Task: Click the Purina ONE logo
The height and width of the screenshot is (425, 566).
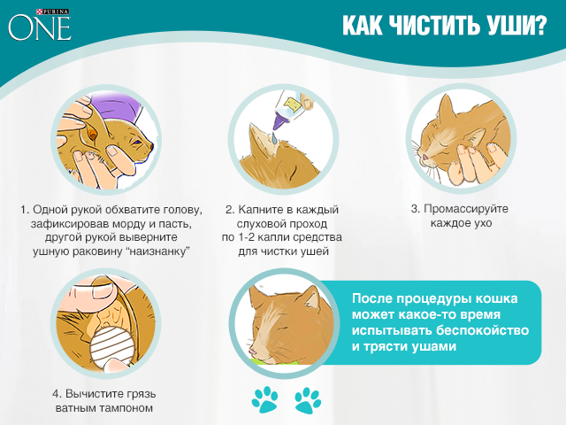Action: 40,24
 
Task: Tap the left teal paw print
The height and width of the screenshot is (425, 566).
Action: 264,399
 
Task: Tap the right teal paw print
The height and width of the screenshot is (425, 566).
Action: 308,399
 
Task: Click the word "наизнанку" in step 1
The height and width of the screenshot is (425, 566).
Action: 162,251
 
